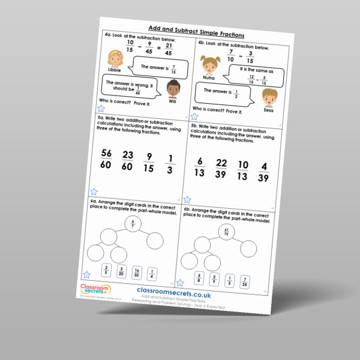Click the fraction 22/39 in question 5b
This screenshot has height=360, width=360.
pos(221,169)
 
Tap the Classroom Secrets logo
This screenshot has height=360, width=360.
pos(95,291)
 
